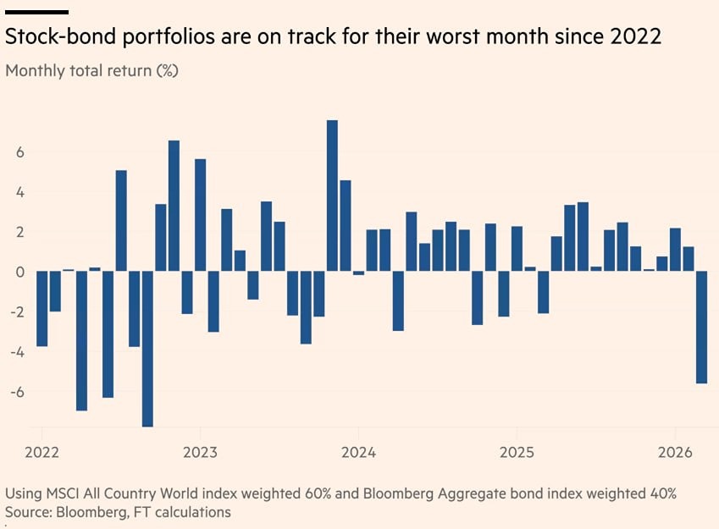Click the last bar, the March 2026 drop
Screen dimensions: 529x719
pyautogui.click(x=701, y=327)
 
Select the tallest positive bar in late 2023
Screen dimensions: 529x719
pyautogui.click(x=332, y=196)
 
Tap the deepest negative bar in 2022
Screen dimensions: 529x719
pyautogui.click(x=147, y=348)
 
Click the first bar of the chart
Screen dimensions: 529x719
pyautogui.click(x=41, y=309)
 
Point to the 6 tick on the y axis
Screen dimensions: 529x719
pyautogui.click(x=16, y=152)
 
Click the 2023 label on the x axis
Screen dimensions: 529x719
pyautogui.click(x=200, y=452)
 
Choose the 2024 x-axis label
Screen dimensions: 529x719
pyautogui.click(x=358, y=452)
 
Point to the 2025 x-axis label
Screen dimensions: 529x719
pyautogui.click(x=517, y=452)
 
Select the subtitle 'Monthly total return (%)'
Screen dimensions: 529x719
pyautogui.click(x=91, y=70)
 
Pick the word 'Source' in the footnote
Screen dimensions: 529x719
pyautogui.click(x=27, y=512)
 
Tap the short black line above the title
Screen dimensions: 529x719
pyautogui.click(x=37, y=13)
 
